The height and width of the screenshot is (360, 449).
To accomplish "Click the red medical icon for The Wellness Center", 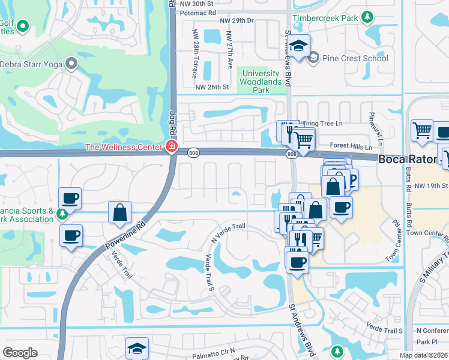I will pyautogui.click(x=172, y=147).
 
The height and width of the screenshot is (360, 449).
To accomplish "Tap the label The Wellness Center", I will pyautogui.click(x=124, y=147).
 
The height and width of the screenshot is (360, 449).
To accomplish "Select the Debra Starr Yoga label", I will pyautogui.click(x=31, y=64).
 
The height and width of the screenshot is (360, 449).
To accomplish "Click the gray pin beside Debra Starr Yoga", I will pyautogui.click(x=72, y=63).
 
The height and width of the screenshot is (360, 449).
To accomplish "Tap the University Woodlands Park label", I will pyautogui.click(x=262, y=82).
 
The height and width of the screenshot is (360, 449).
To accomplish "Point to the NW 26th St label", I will pyautogui.click(x=212, y=87).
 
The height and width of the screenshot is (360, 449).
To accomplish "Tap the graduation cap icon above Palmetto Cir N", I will pyautogui.click(x=137, y=348).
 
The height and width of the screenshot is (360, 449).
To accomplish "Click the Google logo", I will pyautogui.click(x=20, y=353).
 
